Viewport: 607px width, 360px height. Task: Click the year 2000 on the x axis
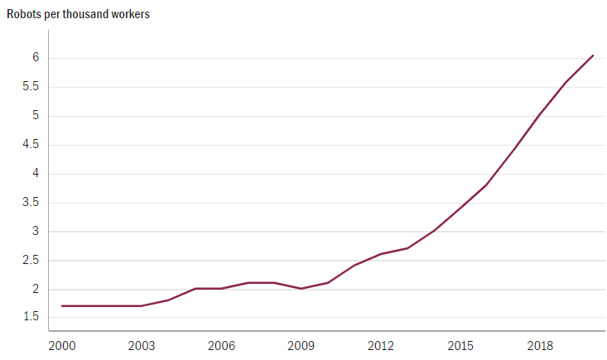pyautogui.click(x=62, y=344)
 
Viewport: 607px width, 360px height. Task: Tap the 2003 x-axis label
pyautogui.click(x=142, y=344)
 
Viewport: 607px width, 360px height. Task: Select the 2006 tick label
pyautogui.click(x=221, y=344)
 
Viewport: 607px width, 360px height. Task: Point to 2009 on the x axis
pyautogui.click(x=301, y=344)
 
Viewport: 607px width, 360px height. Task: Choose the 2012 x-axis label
pyautogui.click(x=380, y=344)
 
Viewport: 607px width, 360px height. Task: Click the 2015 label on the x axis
pyautogui.click(x=460, y=344)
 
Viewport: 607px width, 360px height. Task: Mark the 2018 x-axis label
pyautogui.click(x=539, y=344)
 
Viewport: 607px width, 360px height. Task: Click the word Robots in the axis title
pyautogui.click(x=25, y=15)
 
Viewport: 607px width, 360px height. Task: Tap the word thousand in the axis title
pyautogui.click(x=89, y=15)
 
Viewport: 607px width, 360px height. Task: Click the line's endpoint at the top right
pyautogui.click(x=593, y=55)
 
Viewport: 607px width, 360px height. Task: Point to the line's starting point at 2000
pyautogui.click(x=62, y=306)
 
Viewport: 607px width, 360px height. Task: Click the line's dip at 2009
pyautogui.click(x=301, y=289)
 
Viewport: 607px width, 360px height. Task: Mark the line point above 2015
pyautogui.click(x=460, y=209)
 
